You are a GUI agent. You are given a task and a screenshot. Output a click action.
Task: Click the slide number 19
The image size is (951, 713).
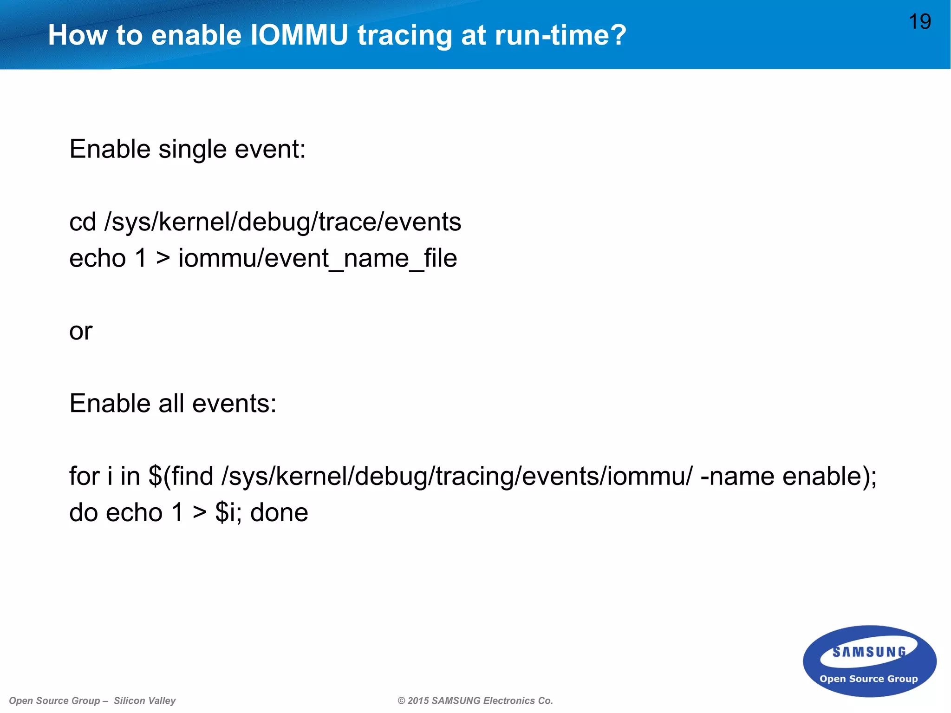pos(919,22)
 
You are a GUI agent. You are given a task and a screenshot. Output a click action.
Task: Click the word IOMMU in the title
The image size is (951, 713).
pos(299,35)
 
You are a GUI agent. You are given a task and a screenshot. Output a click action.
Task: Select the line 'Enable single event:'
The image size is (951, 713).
pos(188,149)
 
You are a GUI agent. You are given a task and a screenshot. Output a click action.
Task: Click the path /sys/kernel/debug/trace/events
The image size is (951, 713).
pos(283,222)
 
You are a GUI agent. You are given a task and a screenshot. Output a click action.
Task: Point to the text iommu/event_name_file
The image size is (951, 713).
pos(318,258)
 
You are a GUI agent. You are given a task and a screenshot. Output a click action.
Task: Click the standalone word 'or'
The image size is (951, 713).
pos(81,331)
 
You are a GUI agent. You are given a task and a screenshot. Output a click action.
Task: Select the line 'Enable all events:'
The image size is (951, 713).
pos(173,403)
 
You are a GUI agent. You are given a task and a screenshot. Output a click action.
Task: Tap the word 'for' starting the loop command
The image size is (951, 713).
pos(84,476)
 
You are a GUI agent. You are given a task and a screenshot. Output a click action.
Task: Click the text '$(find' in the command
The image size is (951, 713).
pos(181,476)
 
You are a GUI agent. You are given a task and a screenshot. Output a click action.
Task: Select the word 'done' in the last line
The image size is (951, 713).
pos(279,513)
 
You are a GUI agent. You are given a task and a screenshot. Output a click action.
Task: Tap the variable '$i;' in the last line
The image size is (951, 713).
pos(228,513)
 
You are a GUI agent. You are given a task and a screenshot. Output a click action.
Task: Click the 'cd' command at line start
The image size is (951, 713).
pos(83,222)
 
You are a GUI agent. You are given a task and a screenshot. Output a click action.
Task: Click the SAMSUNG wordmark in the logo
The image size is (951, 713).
pos(869,652)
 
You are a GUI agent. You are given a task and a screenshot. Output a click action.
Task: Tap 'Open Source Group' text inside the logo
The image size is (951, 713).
pos(868,679)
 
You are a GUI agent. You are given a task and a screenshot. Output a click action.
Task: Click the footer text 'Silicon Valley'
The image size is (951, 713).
pos(144,700)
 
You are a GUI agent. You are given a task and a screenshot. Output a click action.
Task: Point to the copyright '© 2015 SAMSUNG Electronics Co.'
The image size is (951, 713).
pos(475,700)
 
